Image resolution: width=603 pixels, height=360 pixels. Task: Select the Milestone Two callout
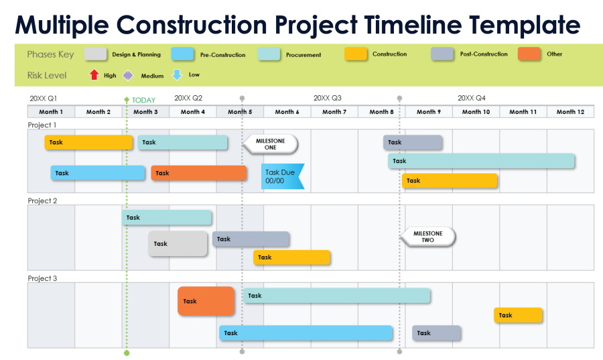[429, 237]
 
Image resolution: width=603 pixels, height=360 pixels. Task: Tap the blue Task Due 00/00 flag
[281, 177]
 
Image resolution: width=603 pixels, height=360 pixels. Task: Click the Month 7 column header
[334, 112]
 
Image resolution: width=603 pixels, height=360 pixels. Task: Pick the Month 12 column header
[570, 112]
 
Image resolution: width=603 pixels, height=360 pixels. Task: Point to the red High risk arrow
[94, 75]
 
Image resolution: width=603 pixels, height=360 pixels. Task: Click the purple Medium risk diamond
[128, 76]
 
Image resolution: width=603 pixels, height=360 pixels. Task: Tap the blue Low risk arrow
[177, 75]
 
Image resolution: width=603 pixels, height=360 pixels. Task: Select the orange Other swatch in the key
[529, 54]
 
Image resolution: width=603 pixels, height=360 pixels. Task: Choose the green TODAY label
[143, 101]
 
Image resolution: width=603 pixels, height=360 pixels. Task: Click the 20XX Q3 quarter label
[327, 98]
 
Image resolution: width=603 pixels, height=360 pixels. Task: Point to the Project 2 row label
[42, 200]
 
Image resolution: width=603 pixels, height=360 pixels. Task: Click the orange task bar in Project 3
[206, 301]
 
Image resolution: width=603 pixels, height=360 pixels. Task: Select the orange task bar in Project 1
[198, 173]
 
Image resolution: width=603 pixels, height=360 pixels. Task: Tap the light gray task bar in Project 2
[178, 243]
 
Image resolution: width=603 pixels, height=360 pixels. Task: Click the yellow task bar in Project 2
[291, 257]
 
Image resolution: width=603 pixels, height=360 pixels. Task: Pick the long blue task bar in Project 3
[306, 333]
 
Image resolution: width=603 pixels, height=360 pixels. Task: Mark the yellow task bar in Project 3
[518, 315]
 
